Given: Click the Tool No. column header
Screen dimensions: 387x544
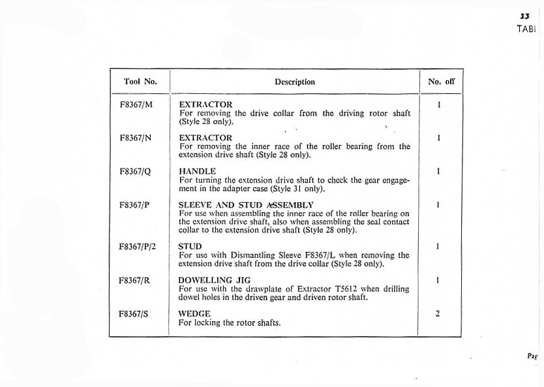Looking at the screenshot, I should pos(140,82).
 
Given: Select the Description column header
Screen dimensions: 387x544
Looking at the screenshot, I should pos(295,82).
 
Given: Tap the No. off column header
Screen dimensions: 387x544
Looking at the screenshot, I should pos(441,82).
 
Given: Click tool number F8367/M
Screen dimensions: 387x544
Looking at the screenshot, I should pos(136,104).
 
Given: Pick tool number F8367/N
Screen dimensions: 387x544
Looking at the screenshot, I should pos(136,138).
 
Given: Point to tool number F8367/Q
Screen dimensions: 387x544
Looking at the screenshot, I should pos(136,172).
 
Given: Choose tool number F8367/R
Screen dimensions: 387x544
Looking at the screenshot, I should pos(136,281).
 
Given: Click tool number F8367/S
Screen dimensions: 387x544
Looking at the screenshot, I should pos(136,314).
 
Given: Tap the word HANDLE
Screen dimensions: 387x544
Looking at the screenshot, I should pos(197,172).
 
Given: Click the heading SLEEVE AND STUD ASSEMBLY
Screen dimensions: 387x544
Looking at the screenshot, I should pos(246,205).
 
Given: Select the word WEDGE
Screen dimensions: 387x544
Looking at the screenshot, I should pos(194,314).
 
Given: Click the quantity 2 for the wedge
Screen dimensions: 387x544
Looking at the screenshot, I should pos(438,314).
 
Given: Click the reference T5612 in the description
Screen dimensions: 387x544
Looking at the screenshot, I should pos(343,289).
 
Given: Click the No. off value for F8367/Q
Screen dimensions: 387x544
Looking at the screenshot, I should pos(438,172).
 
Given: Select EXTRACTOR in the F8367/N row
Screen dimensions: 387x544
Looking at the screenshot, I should pos(205,138).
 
